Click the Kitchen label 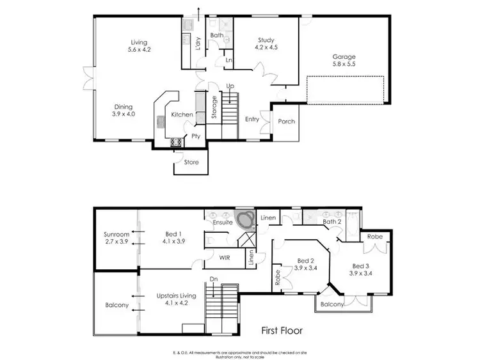point(182,114)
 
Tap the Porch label point(287,121)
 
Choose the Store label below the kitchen point(191,162)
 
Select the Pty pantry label point(196,136)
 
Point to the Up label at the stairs point(230,86)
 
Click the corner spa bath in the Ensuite point(243,221)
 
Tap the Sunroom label point(116,235)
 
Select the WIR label point(225,258)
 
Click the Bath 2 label point(332,221)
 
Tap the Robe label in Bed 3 point(374,236)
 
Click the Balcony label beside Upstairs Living point(116,305)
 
